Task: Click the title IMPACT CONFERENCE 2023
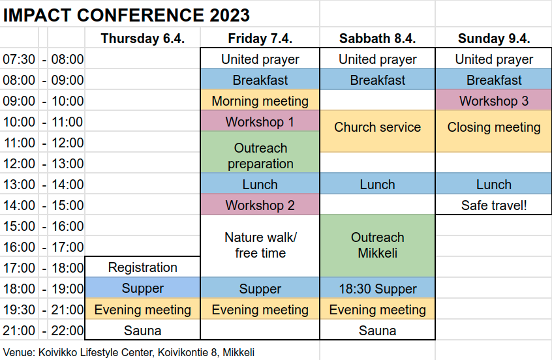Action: [127, 15]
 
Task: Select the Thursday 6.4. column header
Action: [143, 38]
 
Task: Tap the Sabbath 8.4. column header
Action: [377, 38]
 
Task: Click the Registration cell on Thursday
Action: [143, 267]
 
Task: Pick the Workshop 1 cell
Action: [260, 122]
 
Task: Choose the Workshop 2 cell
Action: [260, 205]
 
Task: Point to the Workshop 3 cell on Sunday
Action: [493, 101]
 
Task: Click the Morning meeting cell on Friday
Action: [260, 101]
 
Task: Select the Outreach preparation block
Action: [260, 152]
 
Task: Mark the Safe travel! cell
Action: [493, 205]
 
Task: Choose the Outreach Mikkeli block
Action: [377, 246]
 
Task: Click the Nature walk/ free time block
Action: [260, 246]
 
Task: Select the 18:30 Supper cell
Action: [377, 288]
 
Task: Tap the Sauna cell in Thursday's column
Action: [143, 331]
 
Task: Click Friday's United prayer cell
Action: [260, 59]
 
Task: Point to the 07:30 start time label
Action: [19, 59]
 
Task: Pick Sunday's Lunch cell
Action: [493, 185]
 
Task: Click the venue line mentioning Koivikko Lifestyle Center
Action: [129, 352]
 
